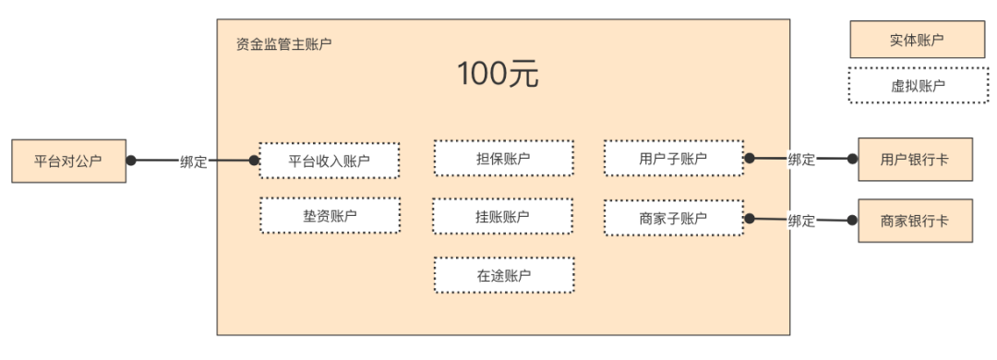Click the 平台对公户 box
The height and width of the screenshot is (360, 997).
click(68, 161)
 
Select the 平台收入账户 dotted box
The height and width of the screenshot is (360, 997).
click(330, 161)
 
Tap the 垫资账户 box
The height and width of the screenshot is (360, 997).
click(330, 215)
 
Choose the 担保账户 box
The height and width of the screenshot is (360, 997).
click(503, 158)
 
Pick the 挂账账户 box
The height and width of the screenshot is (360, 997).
click(503, 216)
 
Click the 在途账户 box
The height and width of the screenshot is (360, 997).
click(503, 275)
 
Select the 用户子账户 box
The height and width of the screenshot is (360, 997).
click(673, 158)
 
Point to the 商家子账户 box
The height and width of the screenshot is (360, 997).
click(673, 218)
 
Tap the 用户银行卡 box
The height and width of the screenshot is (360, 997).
click(914, 160)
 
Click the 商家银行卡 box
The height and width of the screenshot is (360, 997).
click(914, 221)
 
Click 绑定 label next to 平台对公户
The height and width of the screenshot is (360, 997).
click(193, 161)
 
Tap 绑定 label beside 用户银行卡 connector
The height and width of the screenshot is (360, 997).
click(801, 159)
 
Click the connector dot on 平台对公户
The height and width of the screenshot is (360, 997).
click(131, 160)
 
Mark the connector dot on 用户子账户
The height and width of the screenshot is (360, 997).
click(749, 158)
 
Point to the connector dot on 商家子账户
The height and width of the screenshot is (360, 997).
click(749, 218)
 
